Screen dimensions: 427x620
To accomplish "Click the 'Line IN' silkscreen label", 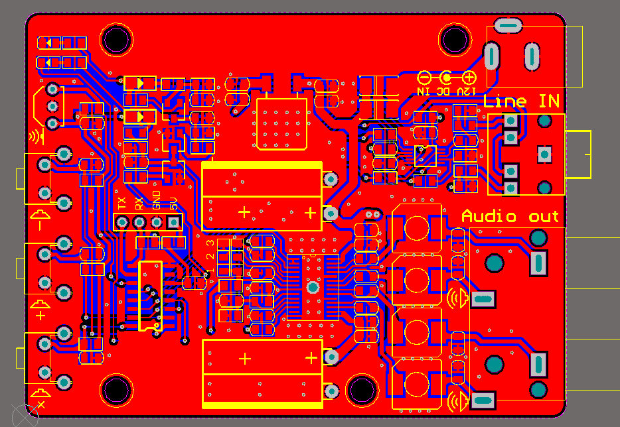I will click(x=521, y=101).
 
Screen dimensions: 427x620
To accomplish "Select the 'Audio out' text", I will click(x=510, y=216).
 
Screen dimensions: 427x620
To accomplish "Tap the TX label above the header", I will click(x=121, y=204).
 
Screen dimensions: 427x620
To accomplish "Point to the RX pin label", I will click(x=139, y=204).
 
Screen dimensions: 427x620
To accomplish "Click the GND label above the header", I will click(x=157, y=200).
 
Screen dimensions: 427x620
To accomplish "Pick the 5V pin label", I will click(x=174, y=203).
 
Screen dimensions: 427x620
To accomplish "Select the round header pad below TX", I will click(x=122, y=222).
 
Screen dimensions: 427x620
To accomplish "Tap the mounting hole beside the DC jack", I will click(x=454, y=40).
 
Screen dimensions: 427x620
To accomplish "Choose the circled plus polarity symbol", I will click(x=469, y=78).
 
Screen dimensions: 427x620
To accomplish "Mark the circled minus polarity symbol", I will click(x=424, y=78).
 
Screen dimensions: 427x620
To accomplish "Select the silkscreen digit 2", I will click(x=210, y=256).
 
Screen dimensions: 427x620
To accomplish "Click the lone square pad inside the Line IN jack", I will click(x=544, y=154).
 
